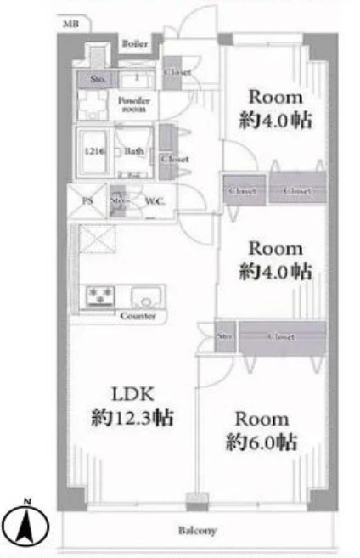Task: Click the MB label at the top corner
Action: (70, 26)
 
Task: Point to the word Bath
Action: (133, 153)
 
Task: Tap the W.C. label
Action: (155, 201)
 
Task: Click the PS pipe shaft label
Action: (87, 201)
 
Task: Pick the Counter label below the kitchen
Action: (138, 317)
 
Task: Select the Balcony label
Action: (196, 531)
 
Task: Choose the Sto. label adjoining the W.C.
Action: (118, 201)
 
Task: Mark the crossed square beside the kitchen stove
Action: (97, 240)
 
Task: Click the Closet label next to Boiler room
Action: (177, 72)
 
